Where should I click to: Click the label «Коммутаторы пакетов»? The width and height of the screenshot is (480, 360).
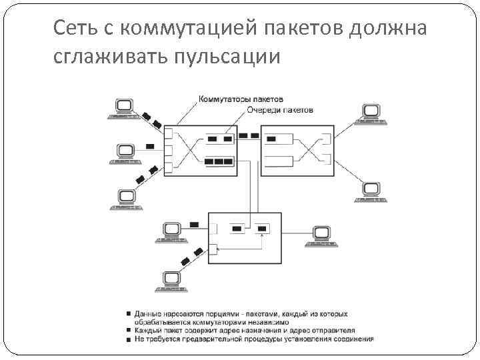click(241, 99)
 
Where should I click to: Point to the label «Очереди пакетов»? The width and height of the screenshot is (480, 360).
click(279, 109)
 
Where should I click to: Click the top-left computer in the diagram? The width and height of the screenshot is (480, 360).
click(124, 109)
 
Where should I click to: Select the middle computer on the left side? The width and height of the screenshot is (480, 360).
click(125, 153)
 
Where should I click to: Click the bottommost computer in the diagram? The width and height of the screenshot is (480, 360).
click(171, 281)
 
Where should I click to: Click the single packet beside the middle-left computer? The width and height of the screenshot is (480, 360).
click(150, 146)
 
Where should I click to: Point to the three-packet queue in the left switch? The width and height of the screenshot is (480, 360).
click(219, 161)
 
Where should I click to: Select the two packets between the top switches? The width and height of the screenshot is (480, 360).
click(249, 137)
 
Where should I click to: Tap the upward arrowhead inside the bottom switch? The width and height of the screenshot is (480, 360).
click(263, 233)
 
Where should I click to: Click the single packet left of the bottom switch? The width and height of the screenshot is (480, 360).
click(194, 224)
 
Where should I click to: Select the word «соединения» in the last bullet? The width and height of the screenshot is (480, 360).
click(354, 339)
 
